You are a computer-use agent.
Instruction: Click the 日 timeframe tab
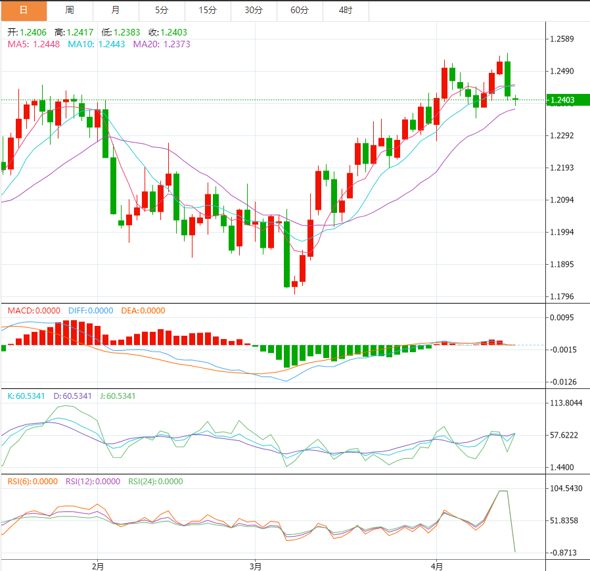click(x=24, y=11)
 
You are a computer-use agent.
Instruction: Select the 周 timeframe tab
click(x=70, y=11)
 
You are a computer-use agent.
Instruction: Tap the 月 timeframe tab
click(x=116, y=11)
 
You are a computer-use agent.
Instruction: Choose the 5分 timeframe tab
click(x=162, y=11)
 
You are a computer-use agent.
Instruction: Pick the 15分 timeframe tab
click(x=208, y=11)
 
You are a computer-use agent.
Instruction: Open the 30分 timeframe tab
click(x=254, y=11)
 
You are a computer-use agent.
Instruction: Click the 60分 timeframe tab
click(x=300, y=11)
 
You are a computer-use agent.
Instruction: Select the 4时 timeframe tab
click(x=346, y=11)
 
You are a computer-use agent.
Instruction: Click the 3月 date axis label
click(x=256, y=566)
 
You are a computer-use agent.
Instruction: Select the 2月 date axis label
click(x=98, y=566)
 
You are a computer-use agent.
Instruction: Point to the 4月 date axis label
click(x=437, y=566)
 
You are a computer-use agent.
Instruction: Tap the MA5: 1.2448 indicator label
click(x=34, y=44)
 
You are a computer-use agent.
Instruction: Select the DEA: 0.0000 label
click(x=143, y=311)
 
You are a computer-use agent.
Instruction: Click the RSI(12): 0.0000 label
click(x=93, y=481)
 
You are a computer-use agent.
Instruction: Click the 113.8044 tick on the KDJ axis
click(x=566, y=403)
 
